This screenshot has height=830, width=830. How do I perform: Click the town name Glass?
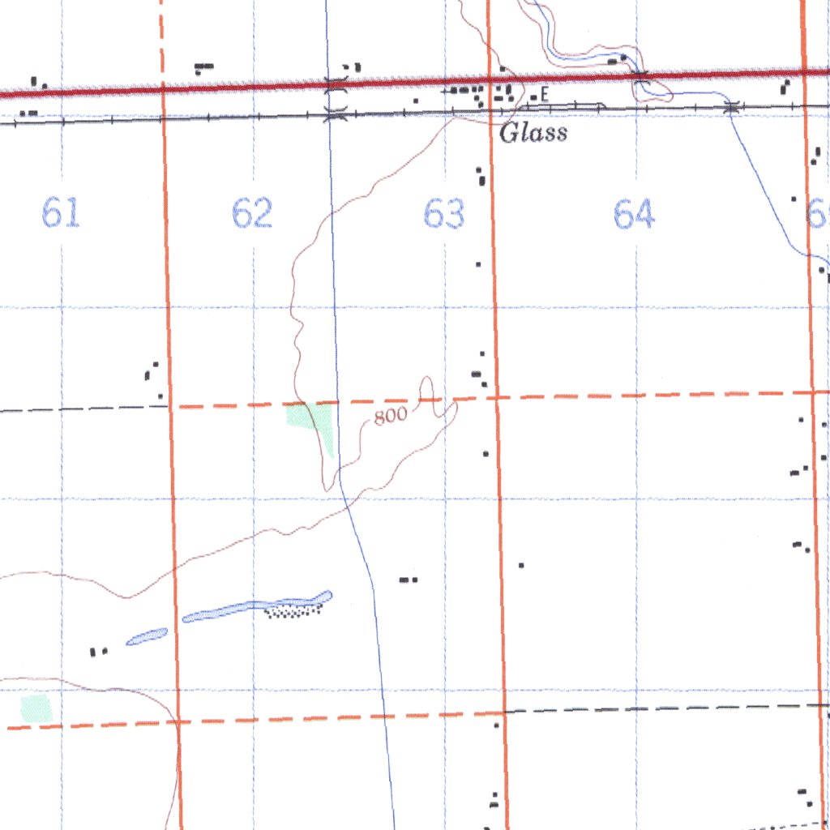pyautogui.click(x=533, y=134)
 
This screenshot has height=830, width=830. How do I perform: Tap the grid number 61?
pyautogui.click(x=61, y=215)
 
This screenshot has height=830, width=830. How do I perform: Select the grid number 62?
pyautogui.click(x=251, y=215)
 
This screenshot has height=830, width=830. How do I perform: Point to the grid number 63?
pyautogui.click(x=444, y=215)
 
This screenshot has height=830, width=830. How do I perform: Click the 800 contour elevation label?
pyautogui.click(x=390, y=417)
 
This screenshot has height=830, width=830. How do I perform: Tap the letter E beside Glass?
pyautogui.click(x=545, y=95)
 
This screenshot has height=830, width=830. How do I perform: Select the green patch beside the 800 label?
pyautogui.click(x=313, y=421)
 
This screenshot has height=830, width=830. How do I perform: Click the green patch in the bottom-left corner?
pyautogui.click(x=36, y=708)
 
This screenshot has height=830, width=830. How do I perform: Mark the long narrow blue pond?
pyautogui.click(x=255, y=608)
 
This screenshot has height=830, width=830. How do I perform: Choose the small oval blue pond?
pyautogui.click(x=147, y=637)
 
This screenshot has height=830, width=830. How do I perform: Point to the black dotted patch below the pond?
pyautogui.click(x=293, y=610)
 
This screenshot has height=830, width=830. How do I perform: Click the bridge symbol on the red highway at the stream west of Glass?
pyautogui.click(x=336, y=83)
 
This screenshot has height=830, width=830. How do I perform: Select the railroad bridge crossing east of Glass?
pyautogui.click(x=732, y=106)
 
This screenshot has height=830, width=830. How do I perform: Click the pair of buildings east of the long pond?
pyautogui.click(x=408, y=580)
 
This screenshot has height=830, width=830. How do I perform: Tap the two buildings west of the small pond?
pyautogui.click(x=98, y=651)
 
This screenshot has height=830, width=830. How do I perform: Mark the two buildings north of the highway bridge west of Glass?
pyautogui.click(x=351, y=67)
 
